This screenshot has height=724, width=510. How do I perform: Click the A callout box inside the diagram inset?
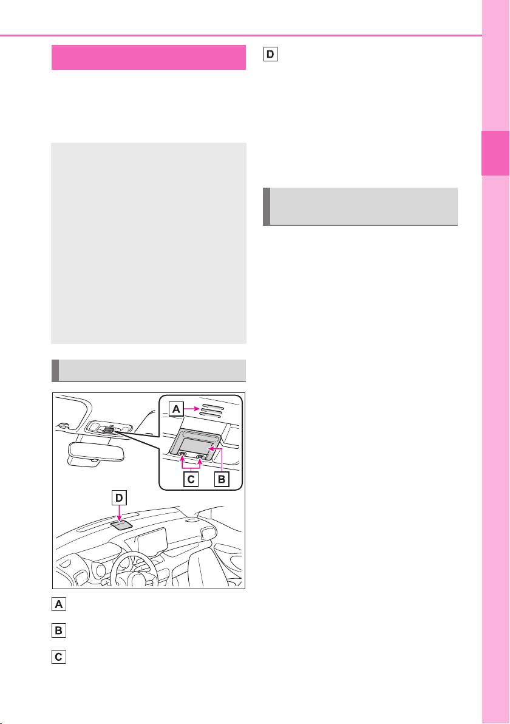pos(176,409)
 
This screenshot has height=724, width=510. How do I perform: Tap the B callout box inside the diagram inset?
pos(222,479)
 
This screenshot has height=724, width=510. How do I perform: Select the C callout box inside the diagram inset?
pos(191,479)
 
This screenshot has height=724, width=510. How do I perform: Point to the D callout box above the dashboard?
pos(119,498)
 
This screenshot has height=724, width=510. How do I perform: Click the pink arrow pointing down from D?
pos(119,513)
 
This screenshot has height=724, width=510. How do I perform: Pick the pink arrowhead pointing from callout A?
pos(195,409)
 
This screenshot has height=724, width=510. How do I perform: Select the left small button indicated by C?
pos(183,455)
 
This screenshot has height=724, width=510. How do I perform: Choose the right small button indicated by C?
pos(201,456)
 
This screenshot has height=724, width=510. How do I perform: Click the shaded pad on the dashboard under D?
pos(123,524)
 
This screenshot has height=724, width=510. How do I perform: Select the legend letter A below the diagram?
pos(59,604)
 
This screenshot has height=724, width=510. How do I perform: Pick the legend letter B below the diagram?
pos(59,630)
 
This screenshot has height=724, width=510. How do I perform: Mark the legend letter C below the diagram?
pos(59,657)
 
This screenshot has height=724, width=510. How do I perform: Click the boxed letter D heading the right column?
pos(270,55)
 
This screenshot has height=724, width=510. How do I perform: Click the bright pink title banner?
pos(149,57)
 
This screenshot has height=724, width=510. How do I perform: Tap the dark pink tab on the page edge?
pos(495,153)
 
